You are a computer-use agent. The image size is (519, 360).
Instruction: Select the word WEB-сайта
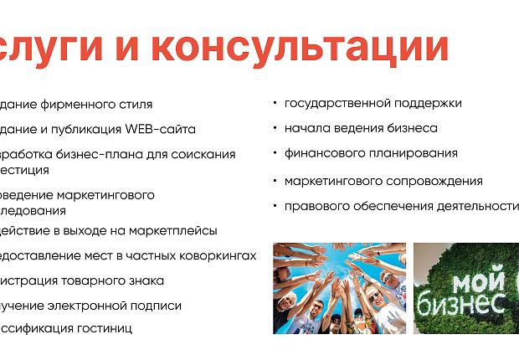[x=161, y=130]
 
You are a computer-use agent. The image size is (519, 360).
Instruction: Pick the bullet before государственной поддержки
[x=275, y=103]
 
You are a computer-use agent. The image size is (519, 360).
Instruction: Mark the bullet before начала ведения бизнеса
[x=275, y=128]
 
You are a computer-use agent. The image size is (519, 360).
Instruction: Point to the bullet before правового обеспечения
[x=275, y=205]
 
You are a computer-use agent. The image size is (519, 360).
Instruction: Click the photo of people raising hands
[x=339, y=288]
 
